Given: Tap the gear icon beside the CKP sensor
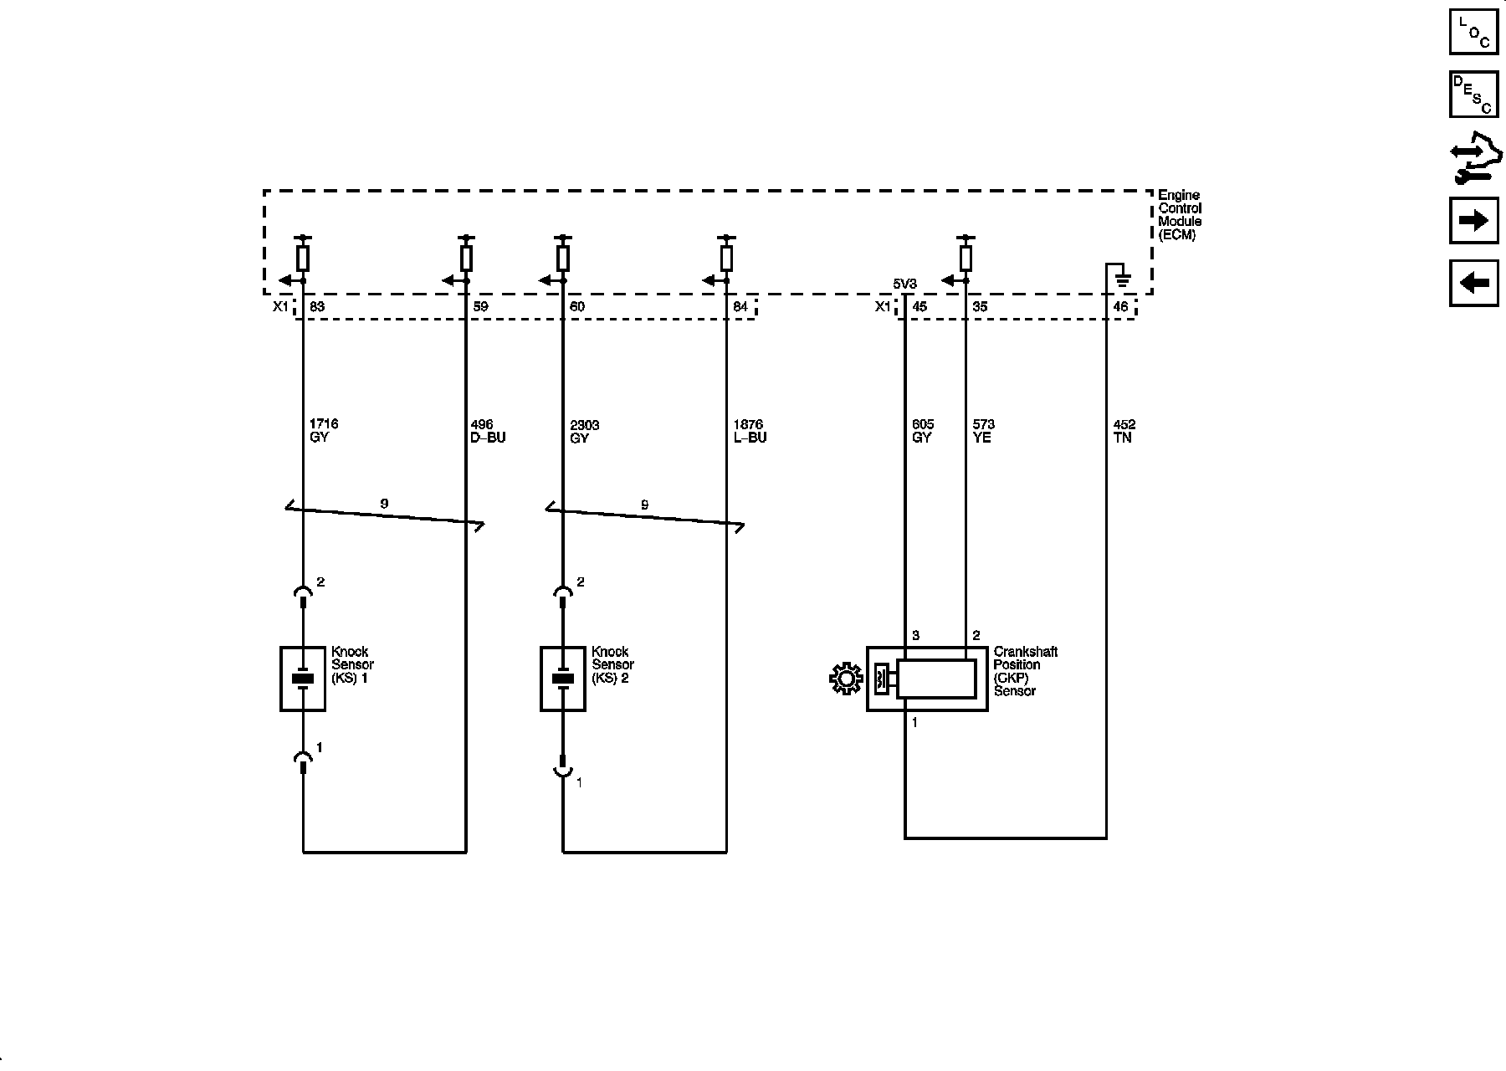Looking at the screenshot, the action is click(x=846, y=679).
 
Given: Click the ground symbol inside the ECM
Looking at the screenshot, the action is click(x=1123, y=279).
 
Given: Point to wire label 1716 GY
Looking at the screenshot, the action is click(x=324, y=431).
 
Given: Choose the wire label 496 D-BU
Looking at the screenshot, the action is click(x=489, y=431).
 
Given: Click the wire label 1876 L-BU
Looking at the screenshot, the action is click(x=750, y=431).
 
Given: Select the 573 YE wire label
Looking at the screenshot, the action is click(x=983, y=431).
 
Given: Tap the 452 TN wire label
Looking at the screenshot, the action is click(x=1124, y=431).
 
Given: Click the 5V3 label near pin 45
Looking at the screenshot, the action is click(x=904, y=284).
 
